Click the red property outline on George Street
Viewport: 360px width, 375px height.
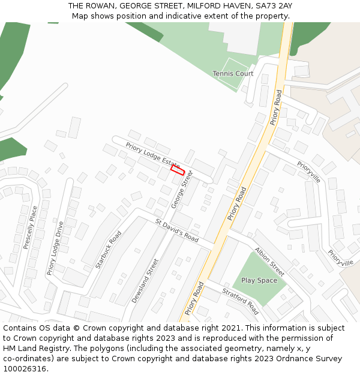(x=177, y=170)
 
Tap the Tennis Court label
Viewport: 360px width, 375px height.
(x=233, y=74)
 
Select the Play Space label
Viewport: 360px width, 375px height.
(x=259, y=280)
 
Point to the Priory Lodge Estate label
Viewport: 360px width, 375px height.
(x=152, y=155)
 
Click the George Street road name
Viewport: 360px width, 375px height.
(x=182, y=190)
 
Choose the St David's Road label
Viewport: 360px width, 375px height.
(x=176, y=230)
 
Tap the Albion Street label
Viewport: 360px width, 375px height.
(x=269, y=258)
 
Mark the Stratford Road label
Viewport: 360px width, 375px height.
(x=240, y=301)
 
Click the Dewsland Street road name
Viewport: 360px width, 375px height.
(x=145, y=281)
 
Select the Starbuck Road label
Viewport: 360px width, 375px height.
(x=109, y=250)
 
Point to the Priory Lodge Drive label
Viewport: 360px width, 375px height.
(x=55, y=248)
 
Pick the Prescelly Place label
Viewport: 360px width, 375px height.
(x=30, y=228)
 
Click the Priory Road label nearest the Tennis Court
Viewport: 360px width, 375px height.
(x=275, y=107)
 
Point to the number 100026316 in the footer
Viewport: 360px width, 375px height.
(x=25, y=369)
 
